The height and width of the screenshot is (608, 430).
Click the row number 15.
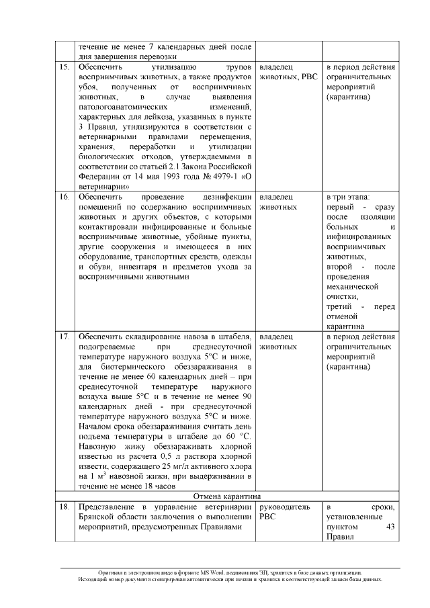(x=64, y=68)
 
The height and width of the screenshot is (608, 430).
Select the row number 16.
(x=64, y=198)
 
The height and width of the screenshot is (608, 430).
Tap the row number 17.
(x=64, y=336)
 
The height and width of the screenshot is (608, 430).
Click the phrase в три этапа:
(x=347, y=198)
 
